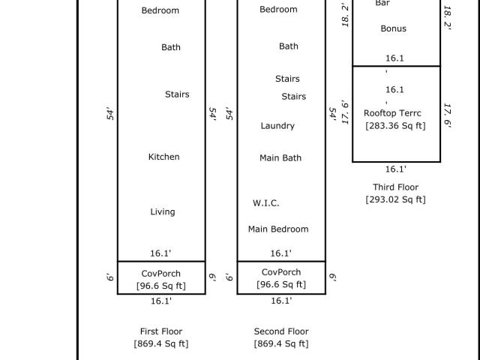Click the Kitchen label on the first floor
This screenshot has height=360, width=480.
click(x=163, y=157)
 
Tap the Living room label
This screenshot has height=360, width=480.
click(x=163, y=212)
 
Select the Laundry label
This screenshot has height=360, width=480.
click(x=277, y=126)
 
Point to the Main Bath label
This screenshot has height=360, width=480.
click(x=280, y=158)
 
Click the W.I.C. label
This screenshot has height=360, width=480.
click(x=265, y=203)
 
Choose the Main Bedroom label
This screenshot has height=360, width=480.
click(x=278, y=229)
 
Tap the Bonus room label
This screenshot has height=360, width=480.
click(x=393, y=28)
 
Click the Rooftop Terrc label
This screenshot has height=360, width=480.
click(x=392, y=113)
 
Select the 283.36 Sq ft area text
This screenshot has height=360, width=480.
click(x=395, y=126)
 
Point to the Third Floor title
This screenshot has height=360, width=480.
click(x=395, y=187)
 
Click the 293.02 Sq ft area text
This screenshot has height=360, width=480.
click(x=395, y=199)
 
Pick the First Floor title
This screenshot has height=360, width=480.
click(x=161, y=331)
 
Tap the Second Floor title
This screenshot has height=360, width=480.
click(x=281, y=331)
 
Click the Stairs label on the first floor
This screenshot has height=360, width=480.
click(x=177, y=94)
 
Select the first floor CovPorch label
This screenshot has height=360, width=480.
click(x=161, y=274)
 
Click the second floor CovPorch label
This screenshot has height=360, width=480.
click(x=281, y=272)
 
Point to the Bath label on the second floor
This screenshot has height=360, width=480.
click(x=288, y=46)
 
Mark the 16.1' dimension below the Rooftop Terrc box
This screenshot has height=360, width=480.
click(x=395, y=169)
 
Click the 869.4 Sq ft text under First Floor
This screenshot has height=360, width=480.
click(x=161, y=343)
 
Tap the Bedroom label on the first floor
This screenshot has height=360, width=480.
click(x=160, y=10)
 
